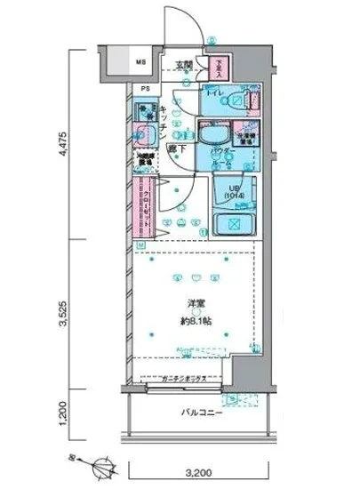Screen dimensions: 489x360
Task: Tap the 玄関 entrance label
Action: click(x=183, y=64)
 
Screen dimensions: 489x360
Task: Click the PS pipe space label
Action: click(x=144, y=89)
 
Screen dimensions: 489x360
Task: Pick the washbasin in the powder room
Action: click(x=211, y=137)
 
